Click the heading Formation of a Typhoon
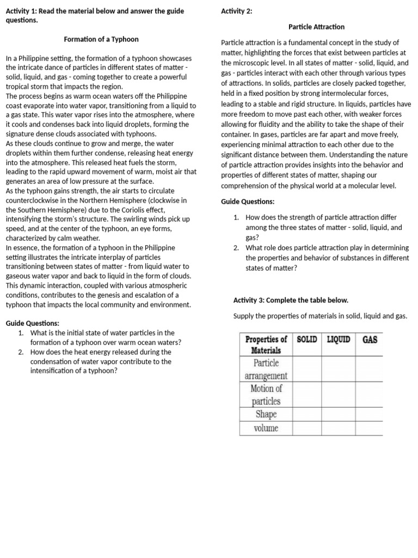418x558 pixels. point(101,39)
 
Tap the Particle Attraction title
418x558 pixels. point(316,27)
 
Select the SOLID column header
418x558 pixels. point(307,339)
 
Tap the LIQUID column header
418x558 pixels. point(339,339)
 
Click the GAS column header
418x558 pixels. point(370,339)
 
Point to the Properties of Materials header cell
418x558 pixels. point(266,344)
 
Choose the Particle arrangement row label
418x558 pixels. point(266,369)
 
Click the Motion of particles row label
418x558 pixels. point(266,395)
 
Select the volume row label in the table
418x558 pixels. point(266,428)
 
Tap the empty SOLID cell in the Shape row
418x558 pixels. point(307,415)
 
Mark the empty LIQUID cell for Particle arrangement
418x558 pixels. point(339,369)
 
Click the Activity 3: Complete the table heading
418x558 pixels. point(291,300)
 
